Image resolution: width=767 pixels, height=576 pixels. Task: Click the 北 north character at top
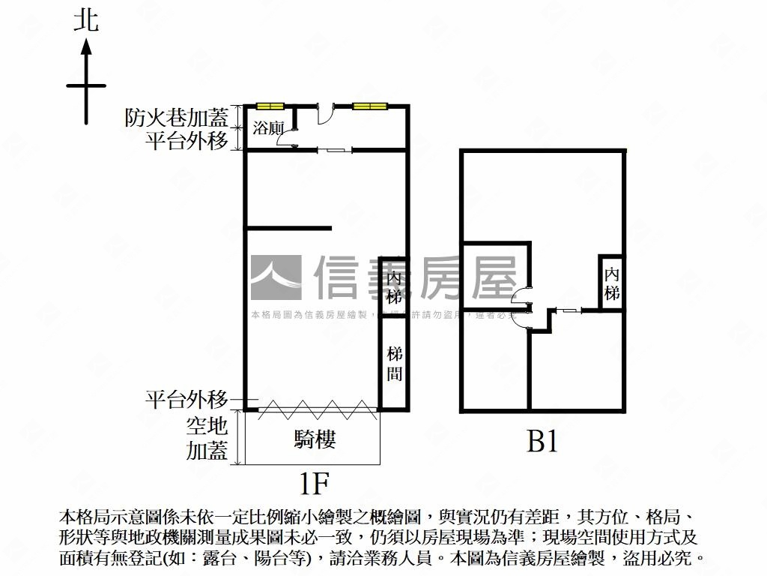pyautogui.click(x=86, y=20)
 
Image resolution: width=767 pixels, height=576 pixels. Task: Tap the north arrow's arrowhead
pyautogui.click(x=86, y=48)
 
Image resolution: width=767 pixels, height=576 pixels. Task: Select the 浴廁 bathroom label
pyautogui.click(x=267, y=127)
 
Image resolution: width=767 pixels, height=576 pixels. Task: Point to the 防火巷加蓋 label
pyautogui.click(x=177, y=118)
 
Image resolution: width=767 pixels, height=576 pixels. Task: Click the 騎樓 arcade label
pyautogui.click(x=315, y=439)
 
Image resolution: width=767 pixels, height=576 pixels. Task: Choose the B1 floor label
pyautogui.click(x=543, y=442)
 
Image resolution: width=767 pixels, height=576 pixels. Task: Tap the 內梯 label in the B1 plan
pyautogui.click(x=612, y=283)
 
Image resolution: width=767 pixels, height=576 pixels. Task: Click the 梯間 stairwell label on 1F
pyautogui.click(x=395, y=363)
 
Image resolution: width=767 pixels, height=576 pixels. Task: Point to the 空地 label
pyautogui.click(x=207, y=427)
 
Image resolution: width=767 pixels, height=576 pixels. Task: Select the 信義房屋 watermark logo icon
pyautogui.click(x=276, y=277)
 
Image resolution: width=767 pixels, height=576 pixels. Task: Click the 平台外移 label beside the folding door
pyautogui.click(x=187, y=399)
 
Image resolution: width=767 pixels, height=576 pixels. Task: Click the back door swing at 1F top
pyautogui.click(x=326, y=115)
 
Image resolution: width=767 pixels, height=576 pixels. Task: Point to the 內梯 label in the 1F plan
pyautogui.click(x=395, y=287)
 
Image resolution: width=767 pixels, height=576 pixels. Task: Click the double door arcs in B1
pyautogui.click(x=521, y=306)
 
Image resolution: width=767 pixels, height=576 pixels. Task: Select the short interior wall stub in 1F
pyautogui.click(x=288, y=228)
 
